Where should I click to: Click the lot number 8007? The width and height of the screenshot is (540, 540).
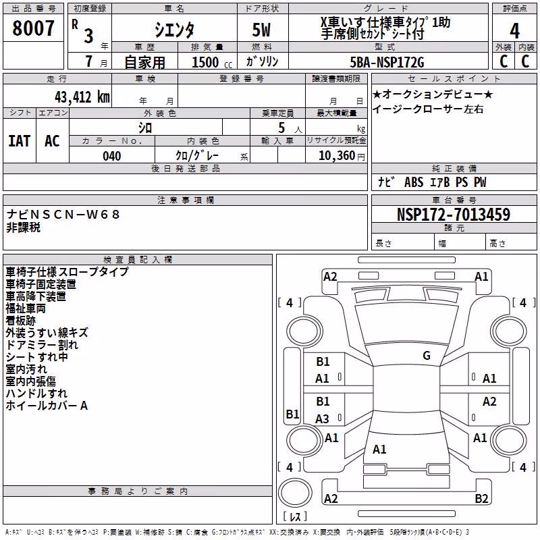coord(33,28)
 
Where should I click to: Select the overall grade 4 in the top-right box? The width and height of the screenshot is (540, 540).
coord(514,30)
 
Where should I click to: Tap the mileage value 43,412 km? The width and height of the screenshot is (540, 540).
coord(82,97)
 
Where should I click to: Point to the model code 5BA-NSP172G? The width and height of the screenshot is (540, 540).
coord(387,62)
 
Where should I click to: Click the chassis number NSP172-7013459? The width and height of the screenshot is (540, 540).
coord(454,215)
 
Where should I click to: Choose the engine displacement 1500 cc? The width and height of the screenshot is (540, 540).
coord(212,62)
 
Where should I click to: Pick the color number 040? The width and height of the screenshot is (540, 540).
coord(112,156)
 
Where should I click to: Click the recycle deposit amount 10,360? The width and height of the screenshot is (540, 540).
coord(337,156)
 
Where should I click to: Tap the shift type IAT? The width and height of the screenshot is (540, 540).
coord(20,141)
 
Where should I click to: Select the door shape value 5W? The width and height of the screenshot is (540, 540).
coord(261,30)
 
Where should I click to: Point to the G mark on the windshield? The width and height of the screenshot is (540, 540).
coord(427,356)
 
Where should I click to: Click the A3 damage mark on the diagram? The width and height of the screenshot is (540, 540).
coord(322,418)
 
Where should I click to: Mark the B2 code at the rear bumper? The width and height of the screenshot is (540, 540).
coord(481,498)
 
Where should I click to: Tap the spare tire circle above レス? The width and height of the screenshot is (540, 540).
coord(295,493)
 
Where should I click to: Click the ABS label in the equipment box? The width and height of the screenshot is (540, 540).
coord(414,182)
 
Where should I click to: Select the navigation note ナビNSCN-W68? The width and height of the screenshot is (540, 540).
coord(63,215)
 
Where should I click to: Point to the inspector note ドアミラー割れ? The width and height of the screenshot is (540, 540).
coord(42,345)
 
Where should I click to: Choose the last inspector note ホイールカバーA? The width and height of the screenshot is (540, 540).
coord(47,406)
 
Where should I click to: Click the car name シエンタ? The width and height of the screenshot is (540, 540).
coord(174,30)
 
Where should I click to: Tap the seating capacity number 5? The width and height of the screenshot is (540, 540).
coord(281,128)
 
